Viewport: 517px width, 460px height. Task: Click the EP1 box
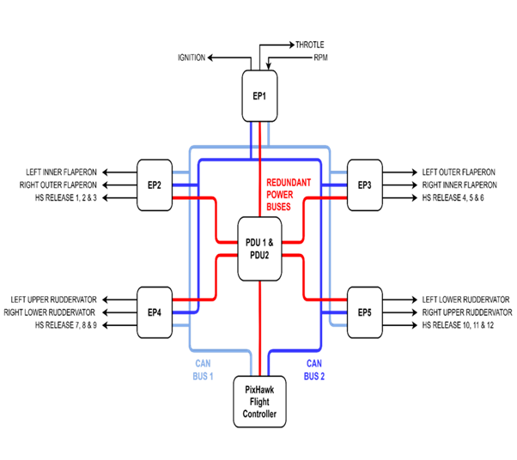tap(259, 95)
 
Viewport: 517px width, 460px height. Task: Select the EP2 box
tap(155, 185)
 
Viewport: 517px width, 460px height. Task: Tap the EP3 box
tap(364, 185)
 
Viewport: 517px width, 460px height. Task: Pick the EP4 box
tap(155, 312)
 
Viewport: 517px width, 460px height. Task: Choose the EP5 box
tap(364, 312)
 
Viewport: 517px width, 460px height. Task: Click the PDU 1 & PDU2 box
tap(259, 249)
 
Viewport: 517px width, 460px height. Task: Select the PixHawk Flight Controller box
tap(259, 402)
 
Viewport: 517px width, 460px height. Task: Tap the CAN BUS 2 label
tap(314, 369)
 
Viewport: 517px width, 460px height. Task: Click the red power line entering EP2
tap(193, 197)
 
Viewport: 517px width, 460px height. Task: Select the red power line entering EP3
tap(326, 197)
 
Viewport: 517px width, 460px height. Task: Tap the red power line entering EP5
tap(326, 300)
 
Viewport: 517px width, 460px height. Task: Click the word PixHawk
tap(259, 390)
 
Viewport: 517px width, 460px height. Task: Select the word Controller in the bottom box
tap(259, 414)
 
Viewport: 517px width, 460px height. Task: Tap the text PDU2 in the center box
tap(259, 255)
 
